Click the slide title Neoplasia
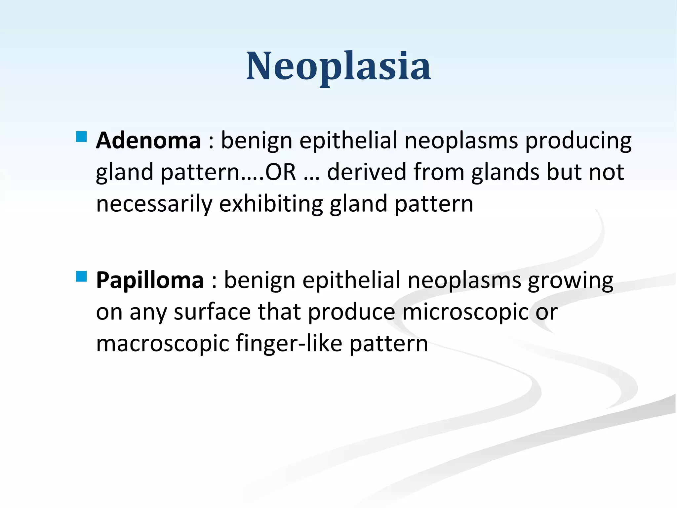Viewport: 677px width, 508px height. pos(338,66)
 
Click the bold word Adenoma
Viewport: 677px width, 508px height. pos(148,141)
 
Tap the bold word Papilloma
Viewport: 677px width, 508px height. pos(149,280)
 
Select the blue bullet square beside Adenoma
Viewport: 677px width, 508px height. pos(81,137)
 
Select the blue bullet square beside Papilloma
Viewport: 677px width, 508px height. pos(81,276)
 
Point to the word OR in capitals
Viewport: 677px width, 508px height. pos(281,172)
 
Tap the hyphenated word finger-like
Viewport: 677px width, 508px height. pos(289,344)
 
